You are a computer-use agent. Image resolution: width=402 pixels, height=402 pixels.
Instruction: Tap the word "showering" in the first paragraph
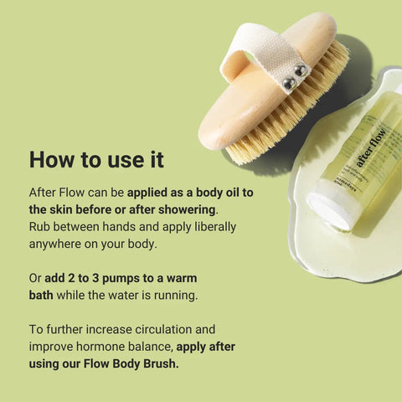point(187,209)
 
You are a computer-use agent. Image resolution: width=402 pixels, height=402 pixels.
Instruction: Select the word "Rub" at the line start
point(40,226)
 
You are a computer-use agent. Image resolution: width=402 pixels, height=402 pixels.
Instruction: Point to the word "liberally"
point(211,226)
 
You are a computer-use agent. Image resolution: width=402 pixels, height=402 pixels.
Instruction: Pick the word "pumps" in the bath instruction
point(132,277)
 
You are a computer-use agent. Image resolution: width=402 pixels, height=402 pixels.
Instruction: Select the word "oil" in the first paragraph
point(226,192)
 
